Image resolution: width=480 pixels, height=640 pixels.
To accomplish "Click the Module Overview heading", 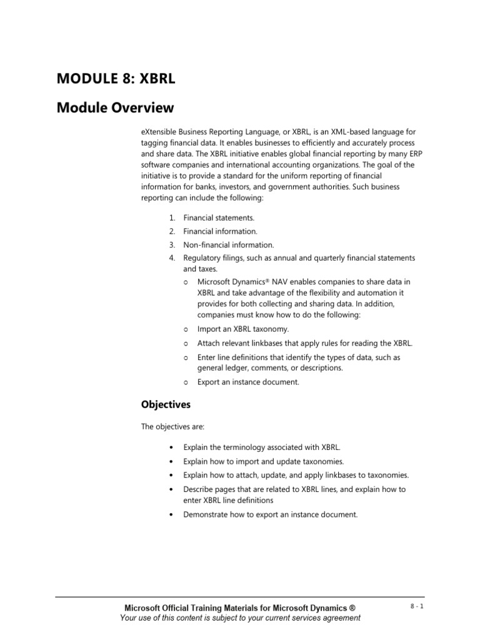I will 115,108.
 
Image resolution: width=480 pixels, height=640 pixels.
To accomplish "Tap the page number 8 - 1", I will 416,606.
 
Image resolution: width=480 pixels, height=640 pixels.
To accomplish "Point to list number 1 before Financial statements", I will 171,217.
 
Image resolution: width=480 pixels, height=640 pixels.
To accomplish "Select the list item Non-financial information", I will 228,245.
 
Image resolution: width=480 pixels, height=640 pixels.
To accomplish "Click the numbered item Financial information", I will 220,231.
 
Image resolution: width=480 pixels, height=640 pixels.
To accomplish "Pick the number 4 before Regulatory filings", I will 171,258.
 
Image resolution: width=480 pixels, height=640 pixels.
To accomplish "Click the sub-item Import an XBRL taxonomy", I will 243,329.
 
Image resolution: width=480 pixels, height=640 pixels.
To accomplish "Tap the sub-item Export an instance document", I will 248,382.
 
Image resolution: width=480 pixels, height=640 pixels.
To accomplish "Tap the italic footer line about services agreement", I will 240,618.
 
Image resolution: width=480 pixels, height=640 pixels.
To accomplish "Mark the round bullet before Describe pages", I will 171,489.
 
